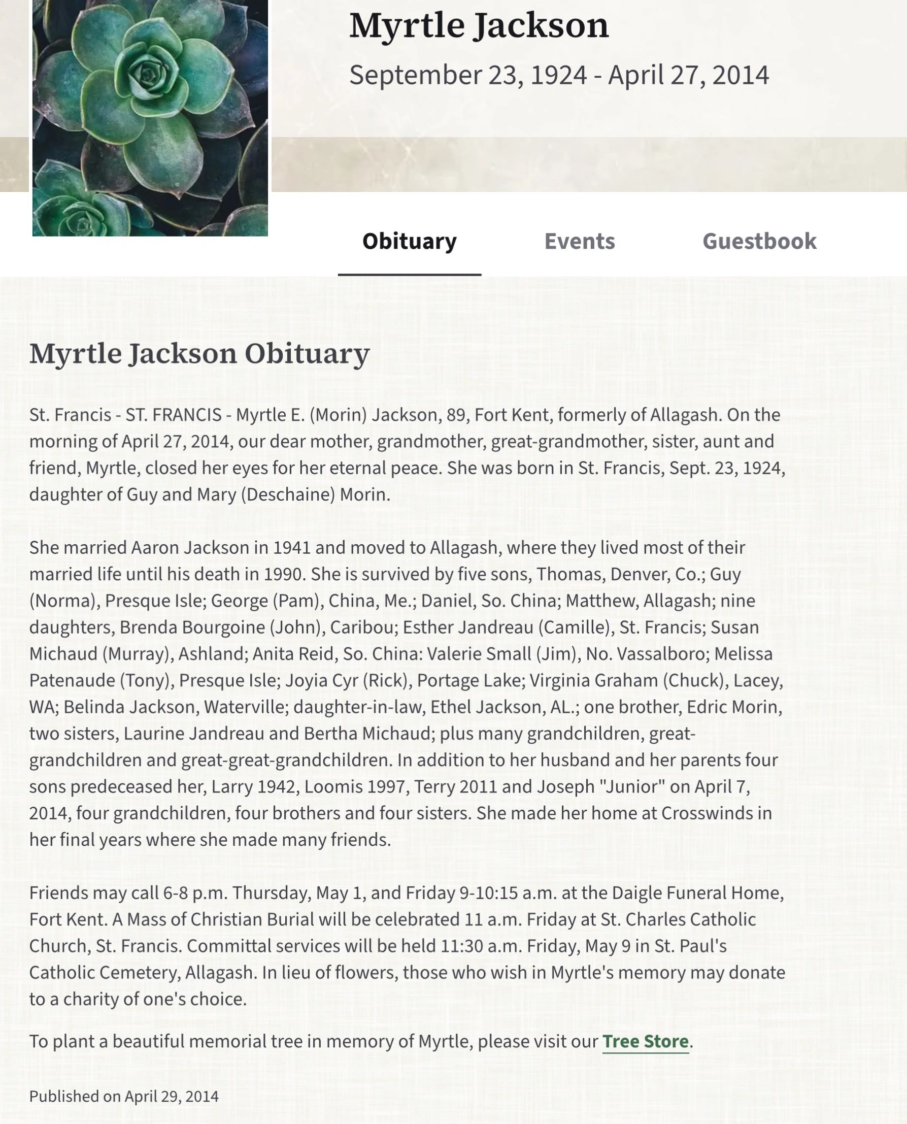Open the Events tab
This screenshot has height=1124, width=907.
pyautogui.click(x=580, y=242)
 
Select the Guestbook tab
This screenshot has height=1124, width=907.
pyautogui.click(x=759, y=242)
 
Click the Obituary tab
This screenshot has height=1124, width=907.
pyautogui.click(x=409, y=242)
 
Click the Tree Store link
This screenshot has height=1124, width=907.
pyautogui.click(x=645, y=1041)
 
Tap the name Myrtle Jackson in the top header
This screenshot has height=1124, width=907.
pyautogui.click(x=479, y=25)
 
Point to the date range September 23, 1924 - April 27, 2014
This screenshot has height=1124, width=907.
pyautogui.click(x=558, y=75)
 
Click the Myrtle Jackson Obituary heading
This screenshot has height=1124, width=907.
pyautogui.click(x=199, y=354)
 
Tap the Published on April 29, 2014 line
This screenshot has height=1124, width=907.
pyautogui.click(x=124, y=1096)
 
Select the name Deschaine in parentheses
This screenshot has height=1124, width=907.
pyautogui.click(x=287, y=494)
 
